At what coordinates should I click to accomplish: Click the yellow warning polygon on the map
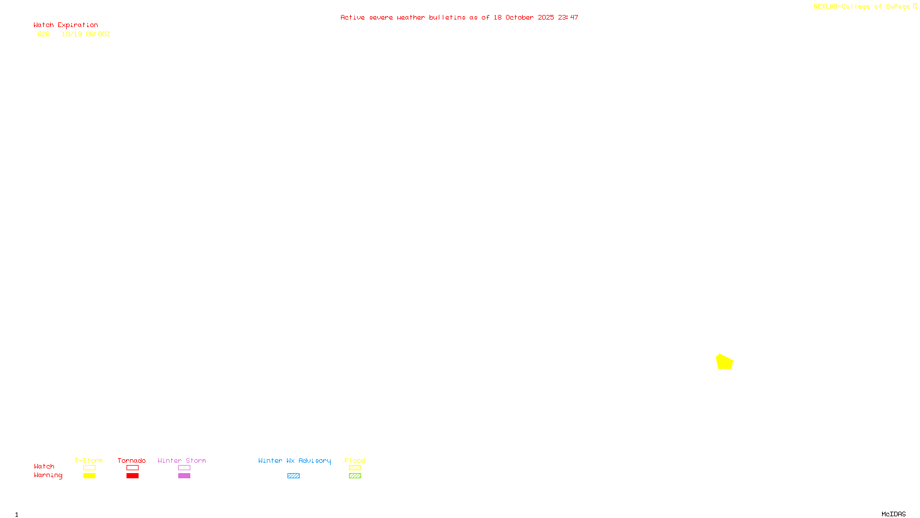coord(724,362)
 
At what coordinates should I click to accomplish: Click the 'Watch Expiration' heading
coord(66,25)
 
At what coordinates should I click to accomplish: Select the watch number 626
coord(44,35)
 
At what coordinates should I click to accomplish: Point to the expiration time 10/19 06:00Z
coord(86,35)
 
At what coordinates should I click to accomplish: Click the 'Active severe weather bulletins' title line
coord(459,18)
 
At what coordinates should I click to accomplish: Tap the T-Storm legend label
coord(89,460)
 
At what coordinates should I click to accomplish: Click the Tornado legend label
coord(132,460)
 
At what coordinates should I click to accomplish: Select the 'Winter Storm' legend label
coord(182,460)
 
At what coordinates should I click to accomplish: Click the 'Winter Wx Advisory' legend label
coord(294,460)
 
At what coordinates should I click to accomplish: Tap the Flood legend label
coord(355,460)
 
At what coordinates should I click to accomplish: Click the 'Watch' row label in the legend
coord(44,467)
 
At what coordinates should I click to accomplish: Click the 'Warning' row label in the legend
coord(48,475)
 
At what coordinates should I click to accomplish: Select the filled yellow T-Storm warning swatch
coord(89,476)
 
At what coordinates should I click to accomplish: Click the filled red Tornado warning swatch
coord(132,476)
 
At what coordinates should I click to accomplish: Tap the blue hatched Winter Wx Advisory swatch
coord(293,476)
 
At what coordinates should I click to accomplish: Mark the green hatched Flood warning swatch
coord(355,476)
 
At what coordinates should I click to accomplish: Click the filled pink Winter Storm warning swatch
coord(184,476)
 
